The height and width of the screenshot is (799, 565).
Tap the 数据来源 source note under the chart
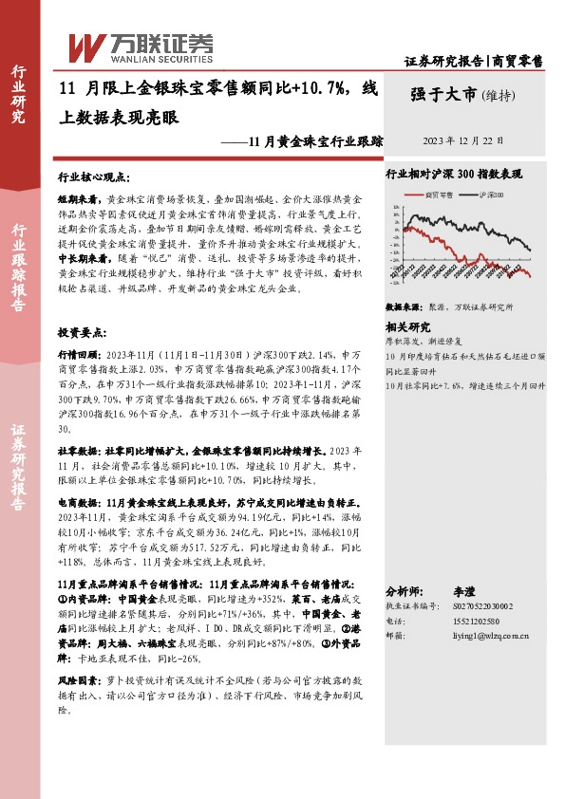[447, 307]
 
